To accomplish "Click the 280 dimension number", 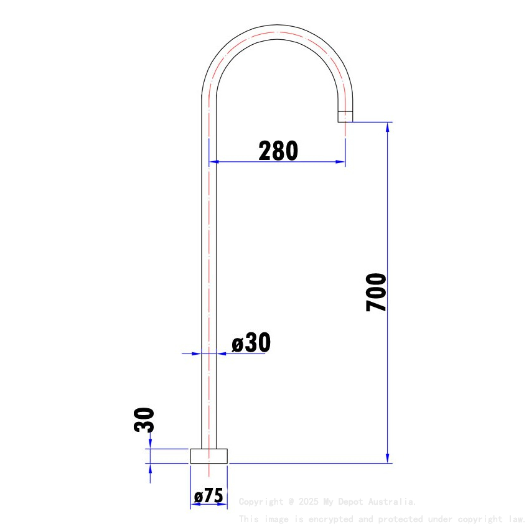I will [278, 151].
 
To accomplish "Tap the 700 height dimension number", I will [377, 292].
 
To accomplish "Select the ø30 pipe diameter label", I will [251, 343].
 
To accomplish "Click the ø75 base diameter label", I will [208, 496].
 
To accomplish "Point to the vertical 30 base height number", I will [144, 420].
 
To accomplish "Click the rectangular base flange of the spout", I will [209, 456].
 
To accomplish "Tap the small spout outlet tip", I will [345, 116].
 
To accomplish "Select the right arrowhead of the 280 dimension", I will [340, 162].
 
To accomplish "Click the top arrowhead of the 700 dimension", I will [388, 127].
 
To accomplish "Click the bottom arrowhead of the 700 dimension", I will [388, 458].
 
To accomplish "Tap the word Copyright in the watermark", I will [261, 502].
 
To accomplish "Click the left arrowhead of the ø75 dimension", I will [194, 503].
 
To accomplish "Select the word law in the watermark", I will [516, 519].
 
